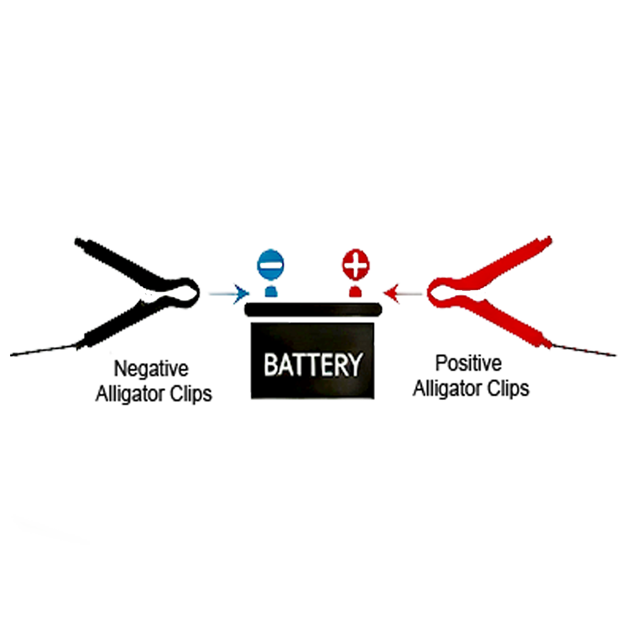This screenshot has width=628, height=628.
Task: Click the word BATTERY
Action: [312, 365]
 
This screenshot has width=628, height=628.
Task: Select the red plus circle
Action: [355, 265]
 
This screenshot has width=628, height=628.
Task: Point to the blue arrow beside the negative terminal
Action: [241, 292]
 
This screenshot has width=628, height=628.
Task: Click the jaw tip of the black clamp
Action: [198, 291]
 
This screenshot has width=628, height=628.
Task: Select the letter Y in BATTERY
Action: [355, 365]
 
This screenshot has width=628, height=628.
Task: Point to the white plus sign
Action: [355, 265]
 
